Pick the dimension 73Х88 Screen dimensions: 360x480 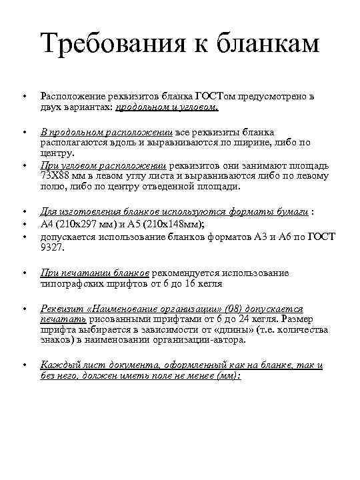coord(57,176)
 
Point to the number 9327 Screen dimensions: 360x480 coord(51,247)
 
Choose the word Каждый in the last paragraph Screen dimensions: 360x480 coord(57,365)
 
